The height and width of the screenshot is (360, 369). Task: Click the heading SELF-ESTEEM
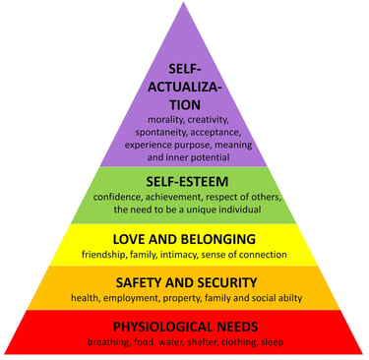pyautogui.click(x=184, y=182)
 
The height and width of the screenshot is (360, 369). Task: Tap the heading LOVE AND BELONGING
pyautogui.click(x=184, y=239)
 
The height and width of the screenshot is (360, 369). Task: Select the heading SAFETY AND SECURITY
pyautogui.click(x=184, y=281)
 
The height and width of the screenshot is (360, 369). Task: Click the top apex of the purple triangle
pyautogui.click(x=184, y=4)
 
